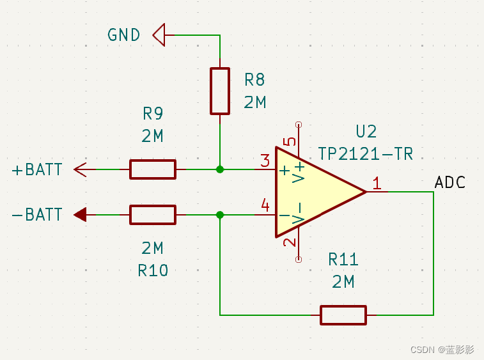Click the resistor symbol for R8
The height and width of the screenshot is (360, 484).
point(220,91)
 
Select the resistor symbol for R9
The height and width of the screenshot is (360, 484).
point(152,169)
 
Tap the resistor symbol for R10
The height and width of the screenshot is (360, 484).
point(152,215)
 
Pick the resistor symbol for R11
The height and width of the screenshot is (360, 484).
point(343,315)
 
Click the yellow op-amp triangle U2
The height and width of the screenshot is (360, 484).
point(313,191)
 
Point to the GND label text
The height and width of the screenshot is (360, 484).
point(124,35)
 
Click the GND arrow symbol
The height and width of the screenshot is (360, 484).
point(159,35)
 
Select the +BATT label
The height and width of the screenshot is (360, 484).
point(37,170)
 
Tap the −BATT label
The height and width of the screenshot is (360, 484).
point(37,215)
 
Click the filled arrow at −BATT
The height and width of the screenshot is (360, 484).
point(80,215)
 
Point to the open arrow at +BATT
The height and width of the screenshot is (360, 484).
point(80,169)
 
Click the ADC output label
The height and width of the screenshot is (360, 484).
point(449,183)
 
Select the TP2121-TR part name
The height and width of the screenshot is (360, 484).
point(366,154)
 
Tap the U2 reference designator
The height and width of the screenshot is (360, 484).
point(366,132)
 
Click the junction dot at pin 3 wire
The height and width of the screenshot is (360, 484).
point(220,169)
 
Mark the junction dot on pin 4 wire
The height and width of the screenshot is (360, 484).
point(220,215)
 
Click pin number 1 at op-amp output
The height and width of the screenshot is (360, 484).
point(377,184)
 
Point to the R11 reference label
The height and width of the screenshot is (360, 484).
point(343,260)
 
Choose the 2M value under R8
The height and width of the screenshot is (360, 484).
point(255,102)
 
